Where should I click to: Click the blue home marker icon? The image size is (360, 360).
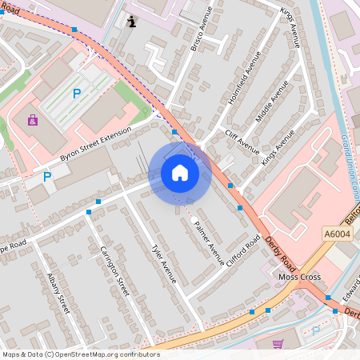point(180,173)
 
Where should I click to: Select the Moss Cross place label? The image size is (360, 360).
point(298,277)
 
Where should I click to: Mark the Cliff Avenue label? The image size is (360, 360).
point(242,142)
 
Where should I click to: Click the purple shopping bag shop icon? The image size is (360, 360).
point(33,121)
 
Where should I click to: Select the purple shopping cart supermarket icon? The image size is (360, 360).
point(278,344)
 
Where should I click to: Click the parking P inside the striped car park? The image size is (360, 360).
point(77,94)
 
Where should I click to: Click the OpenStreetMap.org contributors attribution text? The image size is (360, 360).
point(107,354)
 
